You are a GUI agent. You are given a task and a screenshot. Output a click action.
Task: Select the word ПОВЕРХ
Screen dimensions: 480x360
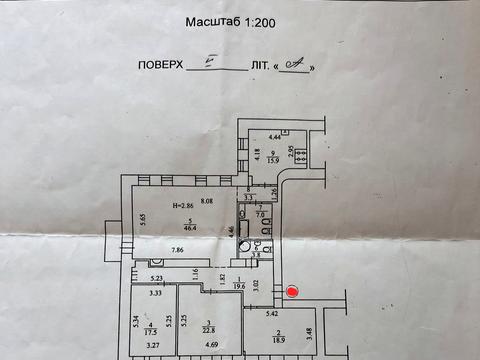(160, 66)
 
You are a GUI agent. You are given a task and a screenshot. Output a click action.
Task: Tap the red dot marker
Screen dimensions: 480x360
(292, 292)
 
